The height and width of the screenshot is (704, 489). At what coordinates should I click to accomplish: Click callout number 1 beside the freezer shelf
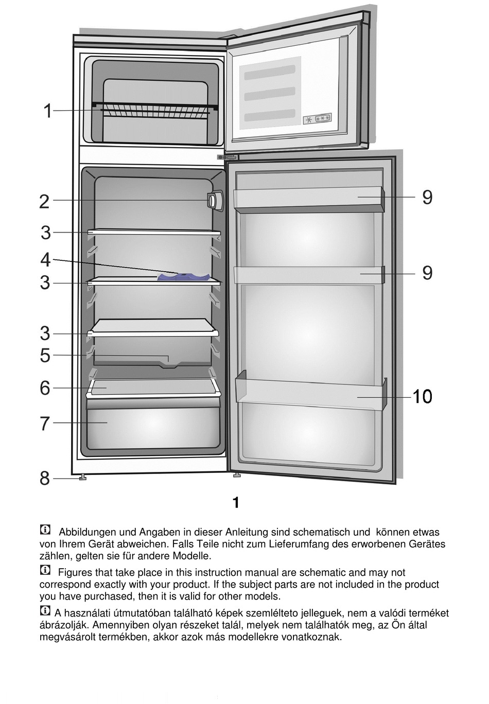coord(47,111)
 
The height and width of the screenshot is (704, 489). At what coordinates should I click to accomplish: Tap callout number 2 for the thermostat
coord(45,201)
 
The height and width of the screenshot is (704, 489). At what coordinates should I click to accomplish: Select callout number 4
coord(45,260)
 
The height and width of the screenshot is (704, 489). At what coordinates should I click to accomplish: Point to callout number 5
coord(45,356)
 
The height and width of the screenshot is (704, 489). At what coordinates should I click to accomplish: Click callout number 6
coord(45,388)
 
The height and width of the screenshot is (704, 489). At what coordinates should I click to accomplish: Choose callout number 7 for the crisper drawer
coord(45,424)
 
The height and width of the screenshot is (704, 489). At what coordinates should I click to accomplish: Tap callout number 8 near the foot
coord(45,479)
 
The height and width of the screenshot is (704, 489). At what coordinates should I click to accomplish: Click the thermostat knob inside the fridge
coord(215,200)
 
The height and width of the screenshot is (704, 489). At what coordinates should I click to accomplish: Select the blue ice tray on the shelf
coord(183,277)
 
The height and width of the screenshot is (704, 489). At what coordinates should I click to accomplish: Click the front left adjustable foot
coord(82,478)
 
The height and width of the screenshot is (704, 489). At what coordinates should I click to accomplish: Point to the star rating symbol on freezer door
coord(318,119)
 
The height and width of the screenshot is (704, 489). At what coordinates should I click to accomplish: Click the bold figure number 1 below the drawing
coord(236,503)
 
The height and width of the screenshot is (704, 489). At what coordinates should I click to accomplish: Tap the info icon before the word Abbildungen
coord(45,530)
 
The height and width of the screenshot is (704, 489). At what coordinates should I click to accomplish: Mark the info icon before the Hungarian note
coord(45,611)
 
